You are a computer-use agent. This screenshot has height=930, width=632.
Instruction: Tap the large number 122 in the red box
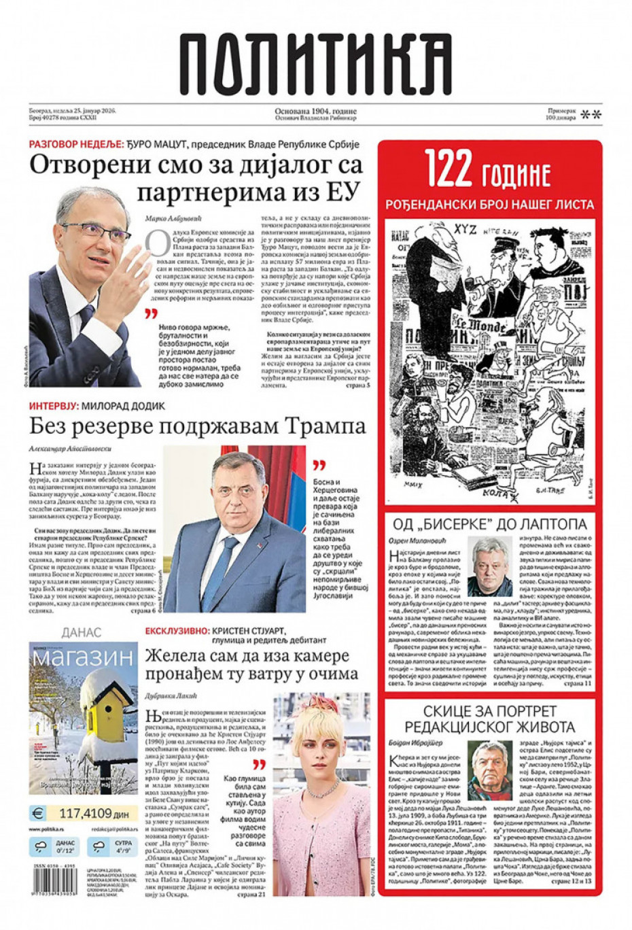point(449,168)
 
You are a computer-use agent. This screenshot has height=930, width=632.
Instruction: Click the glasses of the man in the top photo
point(95,232)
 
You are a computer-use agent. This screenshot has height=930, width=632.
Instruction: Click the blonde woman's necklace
point(319,788)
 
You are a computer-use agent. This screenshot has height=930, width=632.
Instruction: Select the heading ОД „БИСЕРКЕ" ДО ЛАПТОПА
point(489,524)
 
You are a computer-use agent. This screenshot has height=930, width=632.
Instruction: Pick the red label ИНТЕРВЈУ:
point(54,406)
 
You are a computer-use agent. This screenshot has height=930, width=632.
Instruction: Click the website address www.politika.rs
point(47,829)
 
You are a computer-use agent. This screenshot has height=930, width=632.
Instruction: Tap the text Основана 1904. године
point(315,111)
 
